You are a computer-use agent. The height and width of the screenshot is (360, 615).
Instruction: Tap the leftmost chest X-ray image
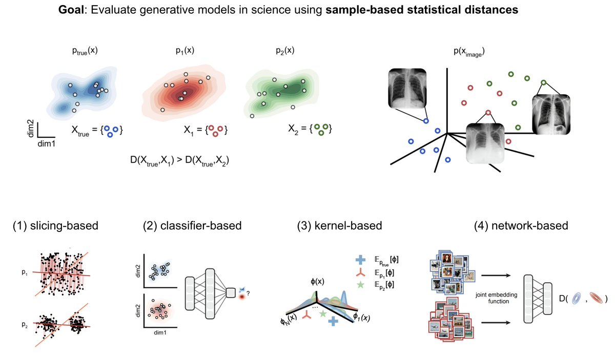[407, 88]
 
